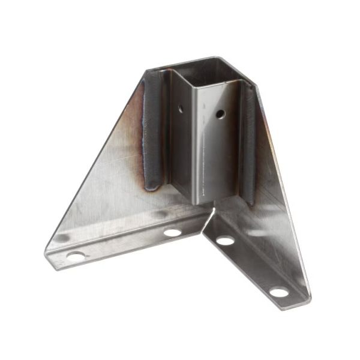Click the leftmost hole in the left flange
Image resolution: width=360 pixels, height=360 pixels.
(x=75, y=256)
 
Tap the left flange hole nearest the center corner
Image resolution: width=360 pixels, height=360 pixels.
(x=172, y=232)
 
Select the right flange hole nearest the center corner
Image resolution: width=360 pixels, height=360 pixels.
(x=226, y=241)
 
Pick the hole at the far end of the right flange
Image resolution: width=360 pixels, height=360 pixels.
(x=278, y=292)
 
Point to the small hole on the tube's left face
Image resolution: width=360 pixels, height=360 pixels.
(x=180, y=109)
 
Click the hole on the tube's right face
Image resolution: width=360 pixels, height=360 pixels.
(x=221, y=113)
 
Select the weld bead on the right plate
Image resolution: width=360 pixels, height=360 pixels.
(x=248, y=144)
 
